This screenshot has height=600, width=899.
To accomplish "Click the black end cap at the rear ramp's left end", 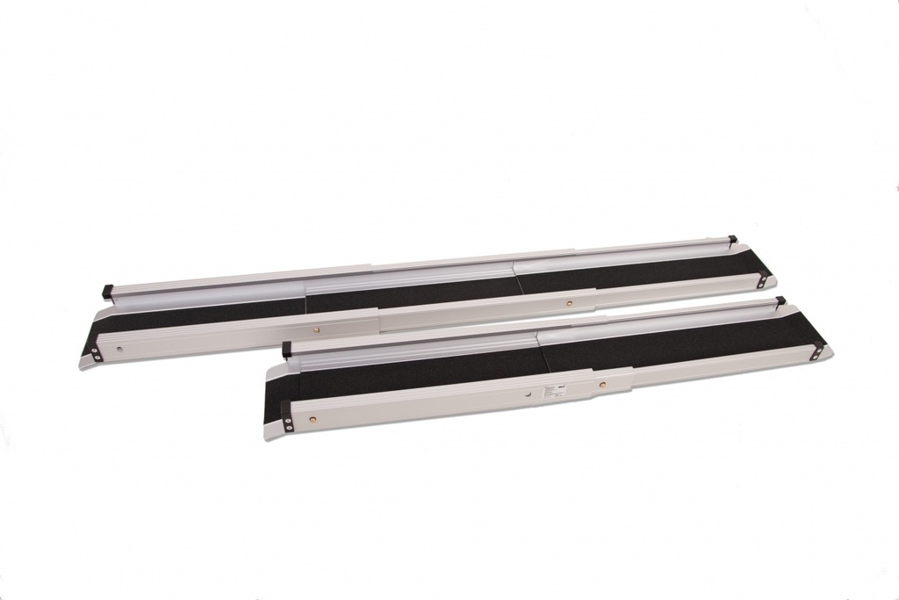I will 107,290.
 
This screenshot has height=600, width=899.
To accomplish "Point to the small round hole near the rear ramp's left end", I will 120,349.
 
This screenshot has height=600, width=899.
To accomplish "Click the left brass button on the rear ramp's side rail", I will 317,330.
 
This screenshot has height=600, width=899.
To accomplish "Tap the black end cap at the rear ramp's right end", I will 732,239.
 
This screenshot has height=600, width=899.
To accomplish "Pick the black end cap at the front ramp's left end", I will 286,350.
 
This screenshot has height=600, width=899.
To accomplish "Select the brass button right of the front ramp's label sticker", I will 602,385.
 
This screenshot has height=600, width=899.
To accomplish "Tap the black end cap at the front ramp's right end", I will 779,302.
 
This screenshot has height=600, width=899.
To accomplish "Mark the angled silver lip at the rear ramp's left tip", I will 85,360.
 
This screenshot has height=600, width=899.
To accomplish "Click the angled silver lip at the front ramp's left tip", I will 270,431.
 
